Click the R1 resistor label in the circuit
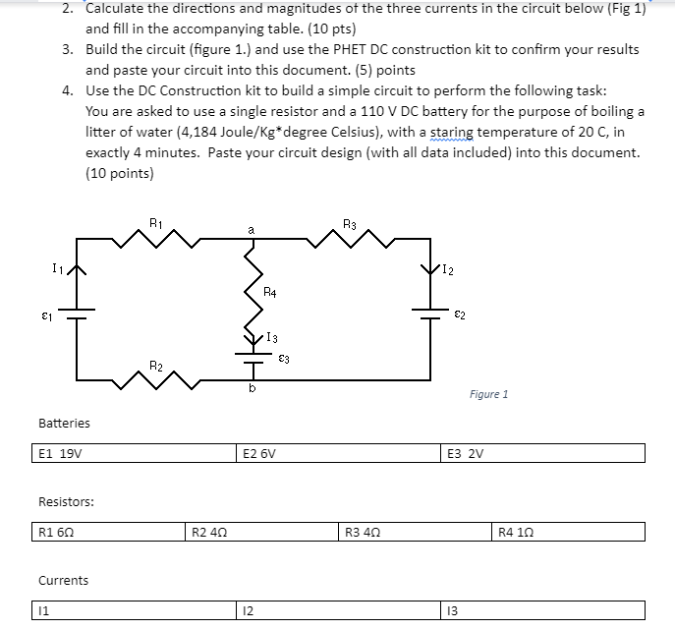[154, 221]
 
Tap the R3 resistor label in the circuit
[350, 222]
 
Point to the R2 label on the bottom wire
[155, 366]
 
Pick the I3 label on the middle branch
[272, 338]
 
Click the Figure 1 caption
[488, 394]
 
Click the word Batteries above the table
[64, 423]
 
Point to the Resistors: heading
[66, 501]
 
